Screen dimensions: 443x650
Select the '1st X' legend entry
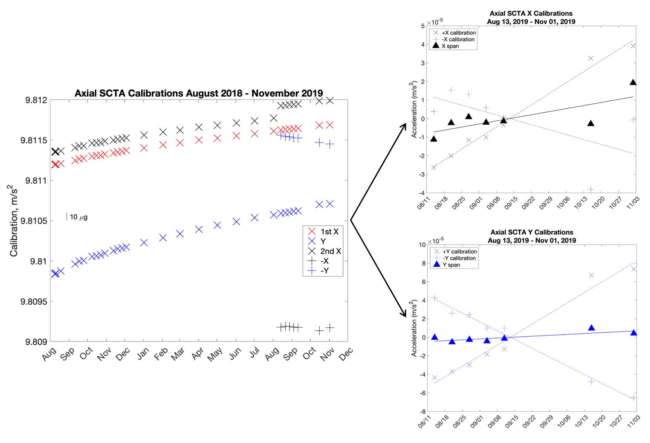tap(329, 232)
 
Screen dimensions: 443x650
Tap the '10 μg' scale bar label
tap(79, 217)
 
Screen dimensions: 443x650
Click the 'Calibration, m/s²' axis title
tap(14, 221)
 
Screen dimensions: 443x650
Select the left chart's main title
tap(198, 93)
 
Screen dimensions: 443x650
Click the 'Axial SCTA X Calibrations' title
tap(531, 14)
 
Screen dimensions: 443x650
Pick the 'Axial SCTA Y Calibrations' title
tap(532, 232)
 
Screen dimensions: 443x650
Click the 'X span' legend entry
tap(450, 46)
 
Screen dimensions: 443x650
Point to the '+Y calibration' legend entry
tap(459, 251)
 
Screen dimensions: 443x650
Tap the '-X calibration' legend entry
tap(458, 39)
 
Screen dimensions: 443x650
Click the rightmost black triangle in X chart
tap(633, 82)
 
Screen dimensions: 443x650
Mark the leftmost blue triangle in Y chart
tap(434, 337)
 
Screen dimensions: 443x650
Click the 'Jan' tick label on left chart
tap(143, 353)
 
